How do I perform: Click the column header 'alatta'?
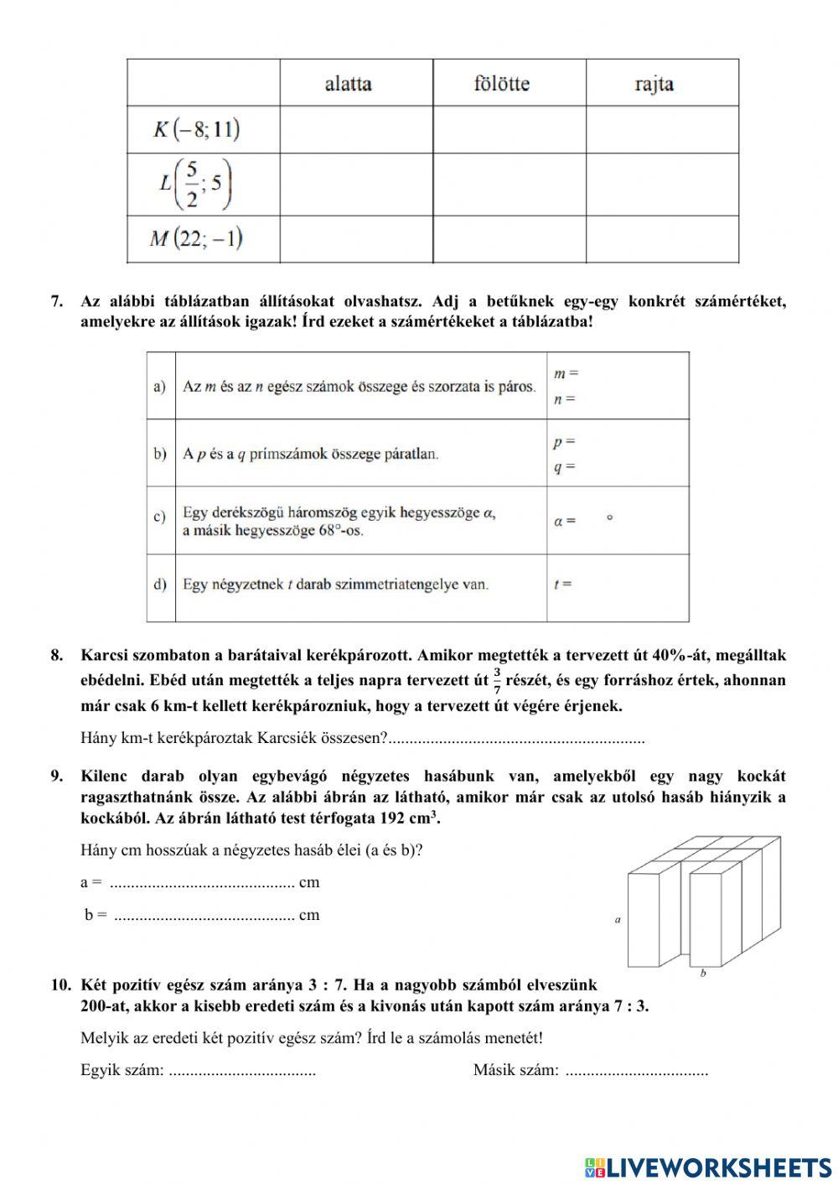pos(348,84)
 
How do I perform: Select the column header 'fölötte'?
pos(501,84)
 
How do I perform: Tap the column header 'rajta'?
pos(654,84)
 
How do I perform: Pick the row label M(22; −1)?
pos(197,240)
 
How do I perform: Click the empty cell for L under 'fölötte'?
pos(509,185)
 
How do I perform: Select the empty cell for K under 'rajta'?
pos(662,129)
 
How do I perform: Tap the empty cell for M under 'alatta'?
pos(356,240)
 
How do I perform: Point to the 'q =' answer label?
pos(564,467)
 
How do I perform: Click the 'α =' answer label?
pos(565,521)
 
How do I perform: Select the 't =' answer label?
pos(562,584)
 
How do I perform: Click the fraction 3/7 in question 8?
pos(497,680)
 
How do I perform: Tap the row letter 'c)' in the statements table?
pos(159,517)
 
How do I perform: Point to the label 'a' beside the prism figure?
pos(618,920)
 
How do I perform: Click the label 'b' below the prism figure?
pos(702,974)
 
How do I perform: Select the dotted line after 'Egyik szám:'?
pos(242,1071)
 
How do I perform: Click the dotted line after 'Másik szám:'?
pos(636,1071)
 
